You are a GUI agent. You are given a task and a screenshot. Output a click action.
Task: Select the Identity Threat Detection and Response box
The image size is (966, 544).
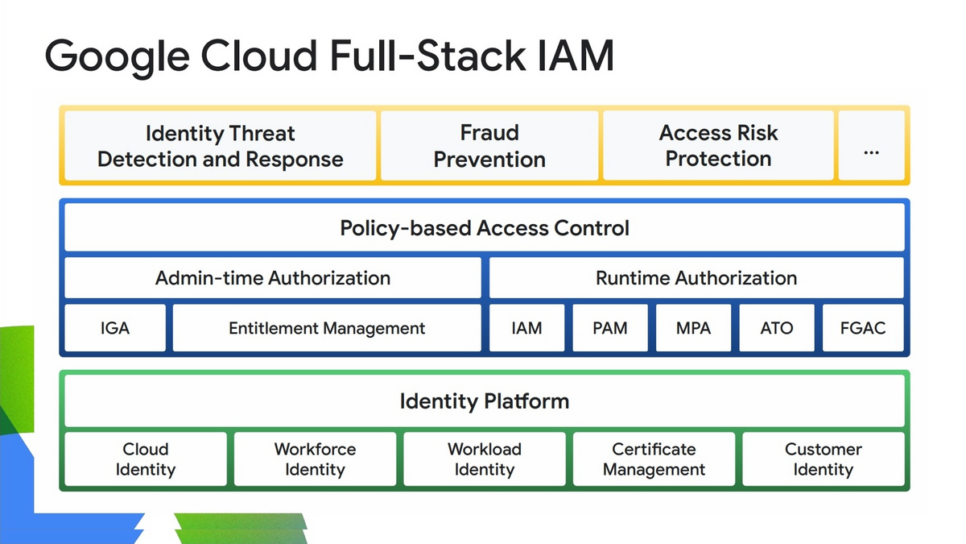pyautogui.click(x=221, y=146)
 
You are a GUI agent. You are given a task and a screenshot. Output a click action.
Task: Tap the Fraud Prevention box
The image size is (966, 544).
pyautogui.click(x=489, y=146)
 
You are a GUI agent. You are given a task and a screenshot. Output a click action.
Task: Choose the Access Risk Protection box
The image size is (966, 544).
pyautogui.click(x=718, y=146)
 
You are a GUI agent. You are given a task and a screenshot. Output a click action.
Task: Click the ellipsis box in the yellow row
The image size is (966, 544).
pyautogui.click(x=872, y=146)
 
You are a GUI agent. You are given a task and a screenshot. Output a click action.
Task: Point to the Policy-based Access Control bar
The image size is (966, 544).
pyautogui.click(x=485, y=227)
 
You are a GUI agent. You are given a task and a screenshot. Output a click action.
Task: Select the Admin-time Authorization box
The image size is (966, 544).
pyautogui.click(x=273, y=277)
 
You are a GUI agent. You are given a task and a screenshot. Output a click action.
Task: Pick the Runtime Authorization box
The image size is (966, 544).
pyautogui.click(x=696, y=277)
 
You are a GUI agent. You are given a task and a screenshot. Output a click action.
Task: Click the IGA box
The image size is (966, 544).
pyautogui.click(x=115, y=328)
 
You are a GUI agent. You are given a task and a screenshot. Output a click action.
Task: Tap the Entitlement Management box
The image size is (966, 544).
pyautogui.click(x=327, y=328)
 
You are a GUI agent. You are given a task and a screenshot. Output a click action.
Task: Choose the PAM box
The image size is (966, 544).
pyautogui.click(x=610, y=328)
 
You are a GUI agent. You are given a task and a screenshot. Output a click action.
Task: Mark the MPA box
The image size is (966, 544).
pyautogui.click(x=693, y=328)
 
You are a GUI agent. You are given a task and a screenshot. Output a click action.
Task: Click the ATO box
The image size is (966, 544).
pyautogui.click(x=777, y=328)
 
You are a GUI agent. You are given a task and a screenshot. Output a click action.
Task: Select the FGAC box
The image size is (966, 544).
pyautogui.click(x=863, y=328)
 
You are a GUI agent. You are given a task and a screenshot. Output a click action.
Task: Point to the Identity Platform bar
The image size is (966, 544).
pyautogui.click(x=485, y=401)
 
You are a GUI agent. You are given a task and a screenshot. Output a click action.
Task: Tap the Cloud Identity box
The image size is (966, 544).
pyautogui.click(x=146, y=459)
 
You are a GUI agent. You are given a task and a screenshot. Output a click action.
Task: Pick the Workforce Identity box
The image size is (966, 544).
pyautogui.click(x=316, y=459)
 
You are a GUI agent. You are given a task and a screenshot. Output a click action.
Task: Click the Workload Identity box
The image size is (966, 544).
pyautogui.click(x=485, y=459)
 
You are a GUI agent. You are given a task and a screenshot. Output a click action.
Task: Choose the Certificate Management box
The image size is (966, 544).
pyautogui.click(x=654, y=459)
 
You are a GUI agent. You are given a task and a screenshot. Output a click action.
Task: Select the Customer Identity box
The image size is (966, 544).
pyautogui.click(x=824, y=459)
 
